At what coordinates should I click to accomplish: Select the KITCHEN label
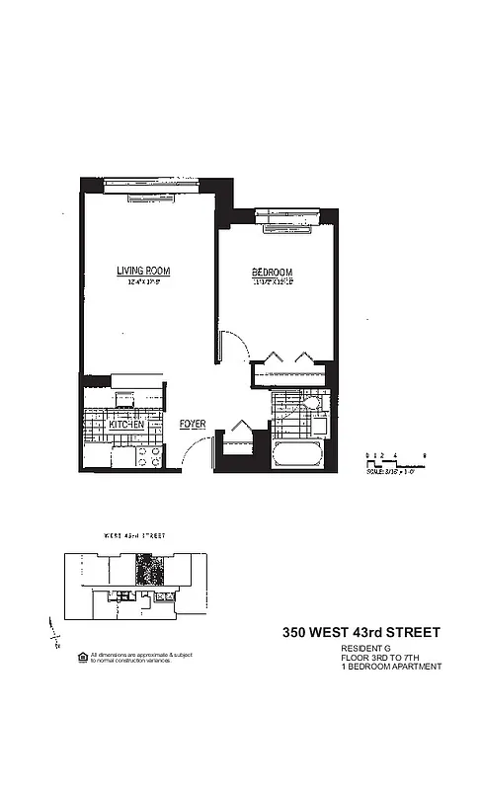pyautogui.click(x=126, y=425)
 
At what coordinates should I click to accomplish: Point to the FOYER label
pyautogui.click(x=193, y=425)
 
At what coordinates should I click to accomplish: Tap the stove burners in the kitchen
pyautogui.click(x=147, y=456)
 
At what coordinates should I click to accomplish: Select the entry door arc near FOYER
pyautogui.click(x=195, y=454)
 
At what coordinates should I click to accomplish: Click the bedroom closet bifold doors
pyautogui.click(x=288, y=357)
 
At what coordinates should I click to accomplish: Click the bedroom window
pyautogui.click(x=286, y=224)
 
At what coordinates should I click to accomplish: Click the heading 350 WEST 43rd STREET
pyautogui.click(x=361, y=632)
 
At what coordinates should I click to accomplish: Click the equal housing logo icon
pyautogui.click(x=82, y=656)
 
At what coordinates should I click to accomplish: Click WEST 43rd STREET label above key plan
pyautogui.click(x=135, y=535)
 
